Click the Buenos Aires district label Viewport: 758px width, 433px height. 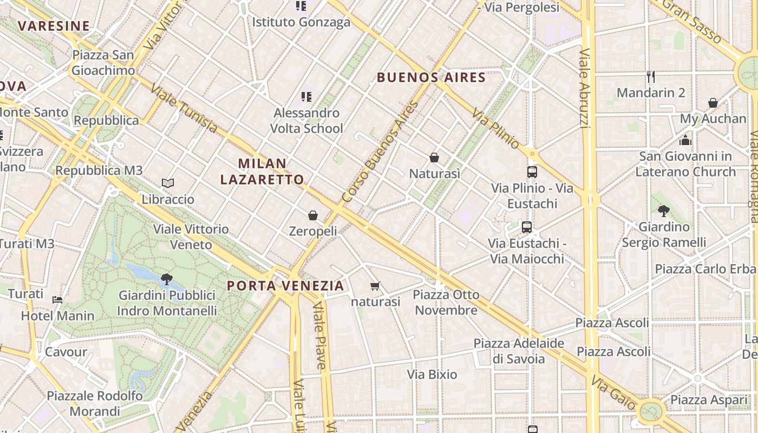click(431, 77)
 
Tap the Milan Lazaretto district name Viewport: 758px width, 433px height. click(262, 171)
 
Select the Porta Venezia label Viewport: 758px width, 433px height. click(285, 286)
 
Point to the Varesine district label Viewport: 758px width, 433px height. click(54, 25)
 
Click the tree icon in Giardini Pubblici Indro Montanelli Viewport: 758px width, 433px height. click(167, 279)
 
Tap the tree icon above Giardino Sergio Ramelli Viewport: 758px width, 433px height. click(663, 211)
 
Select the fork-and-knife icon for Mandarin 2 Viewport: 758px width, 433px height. click(651, 77)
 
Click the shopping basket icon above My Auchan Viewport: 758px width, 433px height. click(713, 103)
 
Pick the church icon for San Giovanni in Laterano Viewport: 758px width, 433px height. click(685, 141)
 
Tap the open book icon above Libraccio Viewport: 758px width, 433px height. click(168, 183)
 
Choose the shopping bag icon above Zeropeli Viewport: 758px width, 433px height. click(313, 215)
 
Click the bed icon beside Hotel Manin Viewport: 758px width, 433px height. click(57, 300)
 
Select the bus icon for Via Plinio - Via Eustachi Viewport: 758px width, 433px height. click(532, 172)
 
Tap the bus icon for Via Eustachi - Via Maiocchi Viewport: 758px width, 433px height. click(527, 227)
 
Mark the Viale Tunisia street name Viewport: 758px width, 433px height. click(184, 108)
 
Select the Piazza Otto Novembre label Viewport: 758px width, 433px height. click(446, 302)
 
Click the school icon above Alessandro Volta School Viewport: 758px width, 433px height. click(306, 97)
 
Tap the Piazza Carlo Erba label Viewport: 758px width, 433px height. click(705, 269)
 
